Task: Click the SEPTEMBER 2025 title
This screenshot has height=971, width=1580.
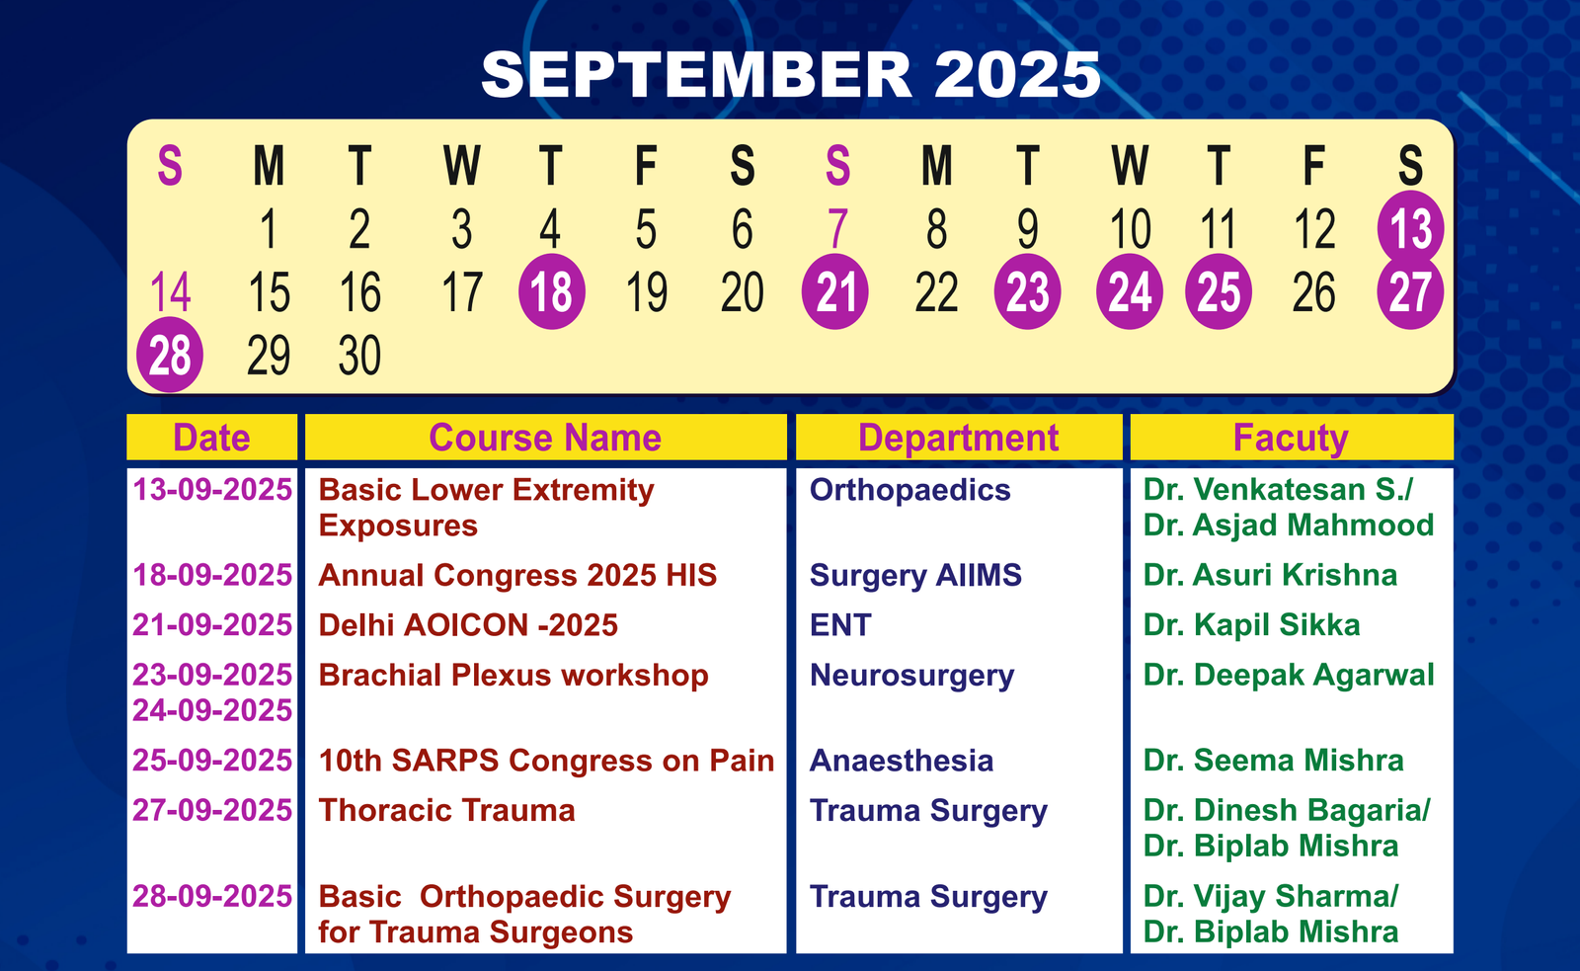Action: coord(791,74)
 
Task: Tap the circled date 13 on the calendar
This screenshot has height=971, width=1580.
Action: coord(1410,228)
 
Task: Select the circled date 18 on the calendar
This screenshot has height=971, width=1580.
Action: coord(552,291)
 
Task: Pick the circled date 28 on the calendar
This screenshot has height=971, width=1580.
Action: coord(170,355)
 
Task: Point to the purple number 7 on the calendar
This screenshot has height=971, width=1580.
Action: coord(837,228)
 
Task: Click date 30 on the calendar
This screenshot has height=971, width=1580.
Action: coord(359,355)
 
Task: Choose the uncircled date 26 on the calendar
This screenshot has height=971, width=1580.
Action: coord(1314,292)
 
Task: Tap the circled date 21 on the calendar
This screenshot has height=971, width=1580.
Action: coord(835,291)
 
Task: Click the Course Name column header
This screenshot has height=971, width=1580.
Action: coord(545,438)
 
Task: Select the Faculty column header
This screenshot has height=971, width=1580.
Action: coord(1291,439)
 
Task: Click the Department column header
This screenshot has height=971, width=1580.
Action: coord(959,439)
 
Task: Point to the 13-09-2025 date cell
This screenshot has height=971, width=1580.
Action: coord(212,489)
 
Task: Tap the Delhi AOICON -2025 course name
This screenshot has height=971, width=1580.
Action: coord(468,625)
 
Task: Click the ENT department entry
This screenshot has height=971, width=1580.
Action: coord(840,625)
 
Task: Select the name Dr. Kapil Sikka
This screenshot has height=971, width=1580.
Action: coord(1252,625)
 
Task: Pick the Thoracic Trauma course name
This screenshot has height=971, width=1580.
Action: coord(446,810)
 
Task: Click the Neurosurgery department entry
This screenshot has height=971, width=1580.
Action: coord(912,676)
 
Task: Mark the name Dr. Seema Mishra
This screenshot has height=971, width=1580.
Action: coord(1274,760)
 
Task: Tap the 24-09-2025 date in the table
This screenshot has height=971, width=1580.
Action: coord(212,710)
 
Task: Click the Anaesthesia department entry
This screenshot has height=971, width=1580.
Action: coord(902,761)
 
